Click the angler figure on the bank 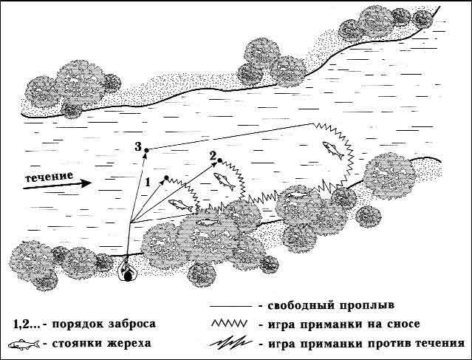tap(128, 270)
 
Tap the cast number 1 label tap(148, 182)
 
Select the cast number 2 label tap(213, 156)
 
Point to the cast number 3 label tap(138, 146)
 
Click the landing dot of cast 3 tap(146, 150)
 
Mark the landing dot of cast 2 tap(219, 160)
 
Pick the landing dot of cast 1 tap(166, 177)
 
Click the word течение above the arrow tap(49, 177)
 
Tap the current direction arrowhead tap(86, 183)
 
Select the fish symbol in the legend tap(24, 344)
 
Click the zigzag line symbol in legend tap(230, 323)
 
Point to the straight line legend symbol tap(231, 306)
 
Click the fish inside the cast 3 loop tap(333, 150)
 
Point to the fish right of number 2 tap(225, 181)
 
